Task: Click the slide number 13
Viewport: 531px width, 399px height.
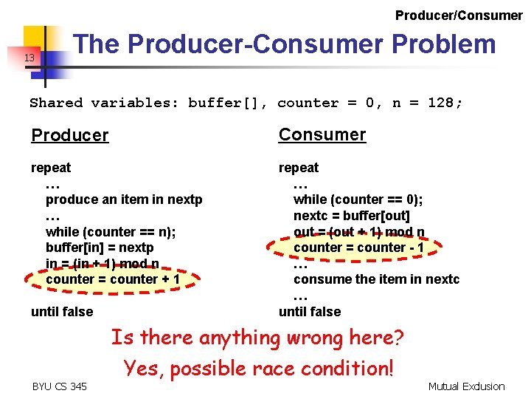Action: tap(29, 58)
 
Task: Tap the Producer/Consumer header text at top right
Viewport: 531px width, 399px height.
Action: tap(459, 15)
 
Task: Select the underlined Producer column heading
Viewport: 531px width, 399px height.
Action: tap(70, 135)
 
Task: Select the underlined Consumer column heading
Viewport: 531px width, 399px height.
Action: tap(322, 134)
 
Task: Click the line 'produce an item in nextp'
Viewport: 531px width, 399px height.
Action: tap(124, 199)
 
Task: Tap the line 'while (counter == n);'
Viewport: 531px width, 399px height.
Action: tap(110, 231)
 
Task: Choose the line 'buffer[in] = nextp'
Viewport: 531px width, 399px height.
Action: tap(100, 248)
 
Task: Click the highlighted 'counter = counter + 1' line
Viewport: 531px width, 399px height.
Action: tap(112, 279)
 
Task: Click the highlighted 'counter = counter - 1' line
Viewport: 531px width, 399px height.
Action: tap(358, 248)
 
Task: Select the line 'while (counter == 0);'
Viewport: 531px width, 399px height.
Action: tap(358, 199)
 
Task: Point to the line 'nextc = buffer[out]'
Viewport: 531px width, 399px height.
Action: tap(351, 215)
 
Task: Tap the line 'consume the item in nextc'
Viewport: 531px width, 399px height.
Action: tap(376, 279)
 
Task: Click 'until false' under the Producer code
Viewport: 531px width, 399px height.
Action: tap(62, 312)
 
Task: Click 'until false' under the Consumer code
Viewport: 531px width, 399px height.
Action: tap(310, 312)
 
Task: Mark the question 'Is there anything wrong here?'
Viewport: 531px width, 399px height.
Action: tap(257, 338)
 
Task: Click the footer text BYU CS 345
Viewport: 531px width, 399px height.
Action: tap(60, 386)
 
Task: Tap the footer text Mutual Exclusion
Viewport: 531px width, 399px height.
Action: tap(467, 386)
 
